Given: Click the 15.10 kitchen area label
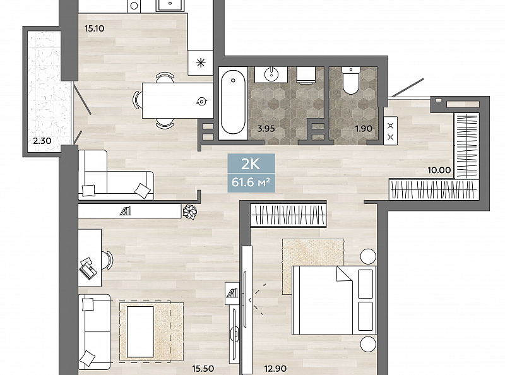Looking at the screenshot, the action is click(x=94, y=28).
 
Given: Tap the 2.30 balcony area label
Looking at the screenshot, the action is click(x=42, y=140).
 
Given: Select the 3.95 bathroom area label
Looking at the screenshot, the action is click(x=266, y=129).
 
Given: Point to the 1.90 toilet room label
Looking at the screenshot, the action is click(x=364, y=129).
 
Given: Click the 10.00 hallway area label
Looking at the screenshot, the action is click(x=439, y=170).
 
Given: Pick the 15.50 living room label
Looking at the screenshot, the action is click(x=203, y=368).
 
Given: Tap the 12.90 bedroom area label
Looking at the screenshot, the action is click(x=275, y=368).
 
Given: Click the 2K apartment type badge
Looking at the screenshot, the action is click(x=251, y=164).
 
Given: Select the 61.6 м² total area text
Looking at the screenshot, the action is click(x=251, y=182).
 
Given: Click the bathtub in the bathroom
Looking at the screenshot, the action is click(x=233, y=102).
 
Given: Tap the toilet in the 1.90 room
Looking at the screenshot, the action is click(x=351, y=80).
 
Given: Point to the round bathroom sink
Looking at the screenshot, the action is click(x=271, y=74).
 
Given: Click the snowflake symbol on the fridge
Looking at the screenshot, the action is click(x=201, y=62).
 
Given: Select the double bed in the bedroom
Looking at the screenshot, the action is click(x=335, y=301).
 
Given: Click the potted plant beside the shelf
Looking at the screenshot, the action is click(x=190, y=212).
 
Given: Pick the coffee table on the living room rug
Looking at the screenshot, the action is click(x=140, y=331).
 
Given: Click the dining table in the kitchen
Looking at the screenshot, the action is click(x=178, y=100).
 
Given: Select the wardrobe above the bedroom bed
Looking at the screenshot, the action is click(x=288, y=215).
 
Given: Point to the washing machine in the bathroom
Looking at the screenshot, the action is click(x=307, y=75).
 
